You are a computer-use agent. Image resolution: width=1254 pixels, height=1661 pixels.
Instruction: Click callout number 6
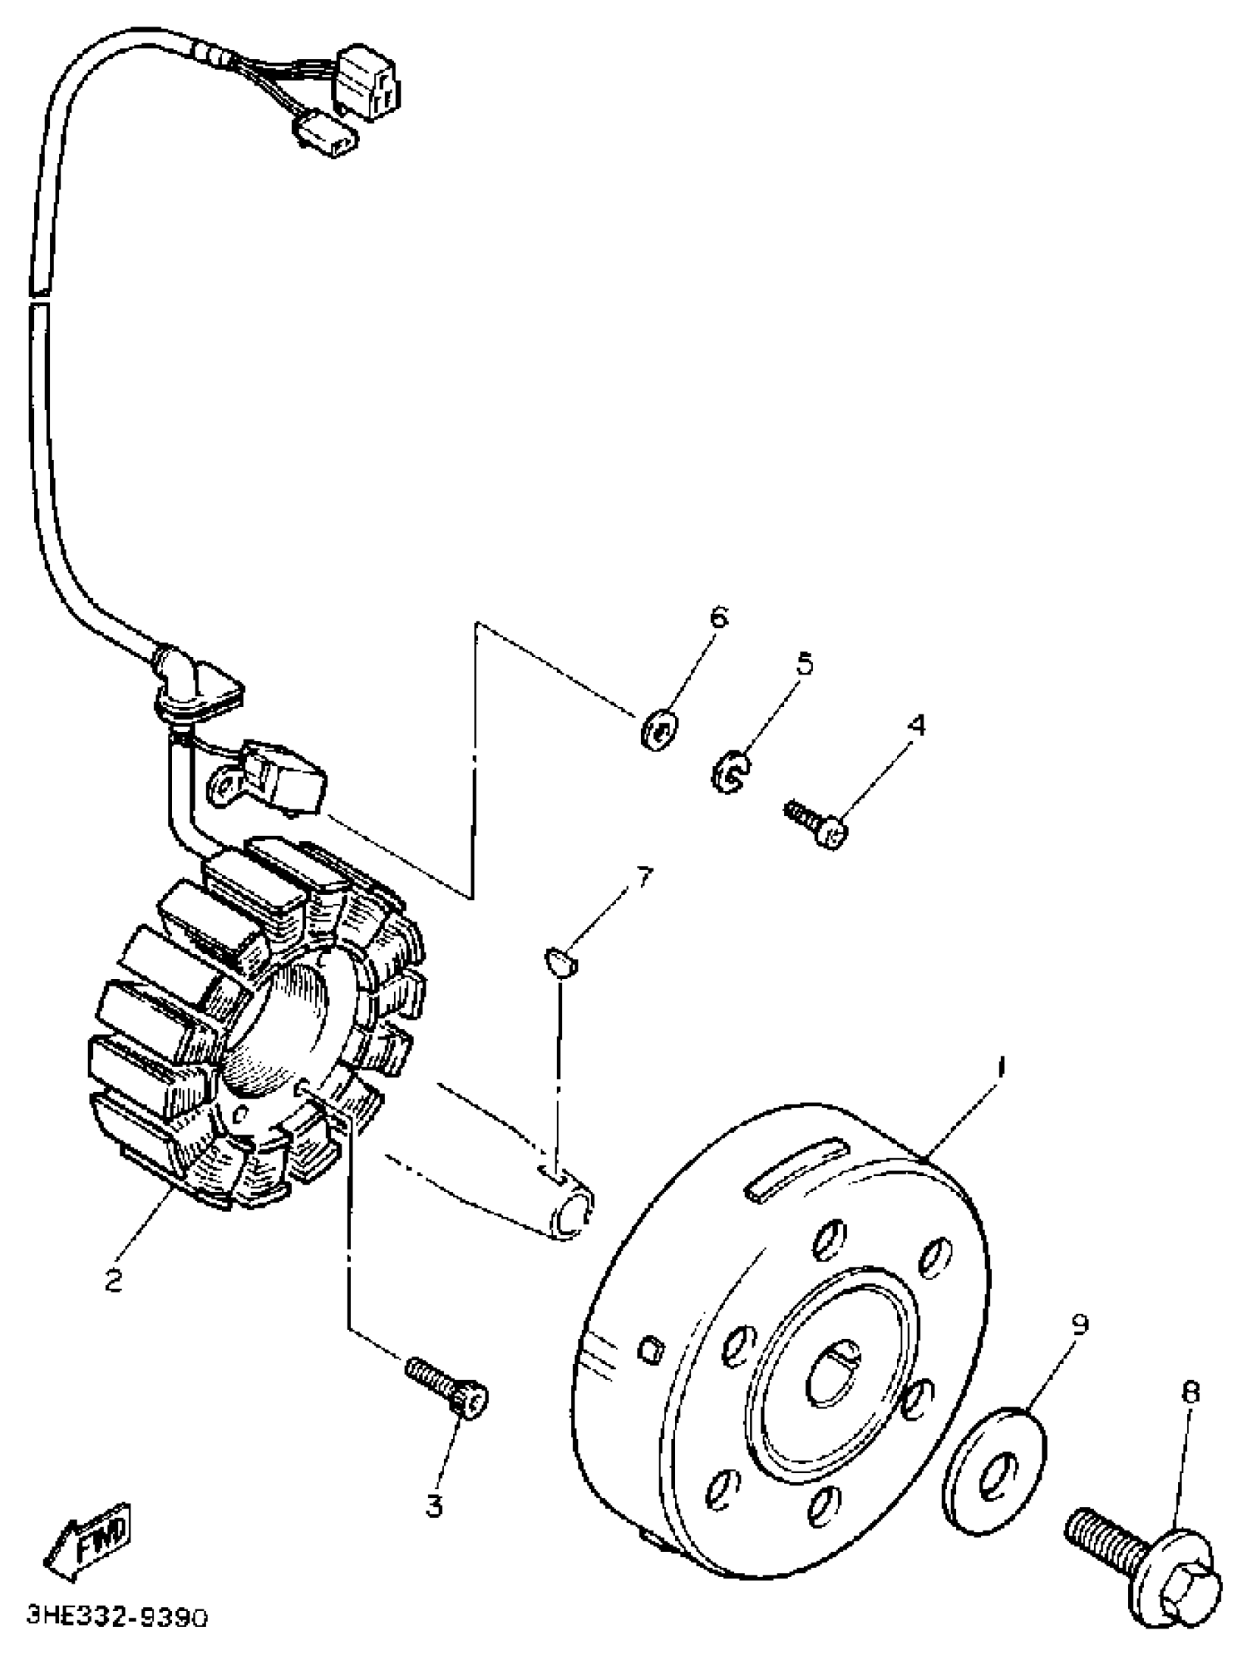[x=719, y=618]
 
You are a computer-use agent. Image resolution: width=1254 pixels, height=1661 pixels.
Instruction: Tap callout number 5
[x=803, y=664]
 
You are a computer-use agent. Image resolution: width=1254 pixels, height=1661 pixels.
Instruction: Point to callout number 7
[x=644, y=877]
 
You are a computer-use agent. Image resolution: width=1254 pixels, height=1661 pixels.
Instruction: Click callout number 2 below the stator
[x=114, y=1281]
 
